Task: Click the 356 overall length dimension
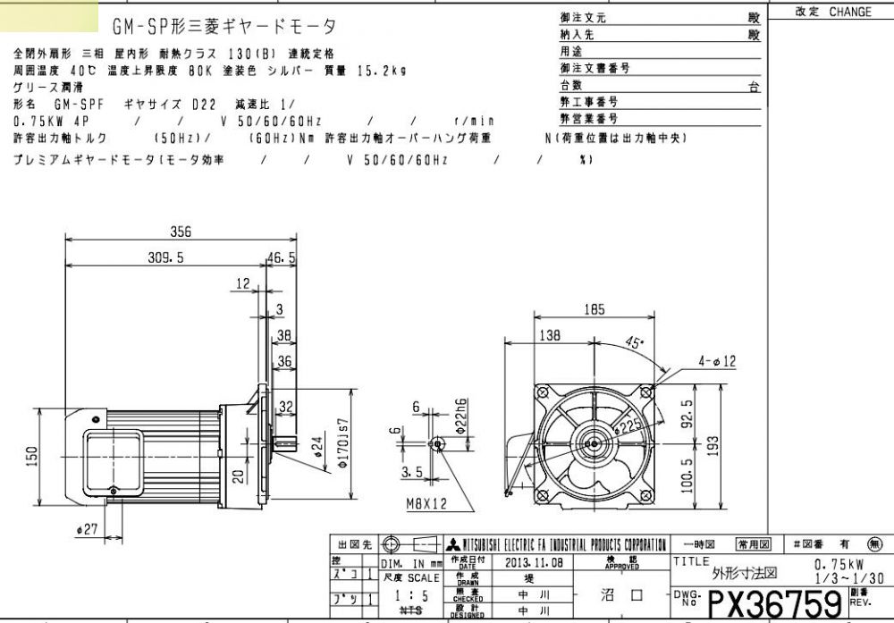(181, 231)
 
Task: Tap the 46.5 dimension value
(282, 257)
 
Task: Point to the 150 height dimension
(32, 457)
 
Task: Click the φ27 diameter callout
(87, 530)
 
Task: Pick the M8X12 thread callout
(426, 504)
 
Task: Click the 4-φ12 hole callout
(718, 361)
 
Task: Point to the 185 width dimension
(595, 310)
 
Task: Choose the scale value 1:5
(411, 594)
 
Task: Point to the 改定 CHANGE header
(832, 13)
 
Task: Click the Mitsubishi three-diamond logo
(455, 545)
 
